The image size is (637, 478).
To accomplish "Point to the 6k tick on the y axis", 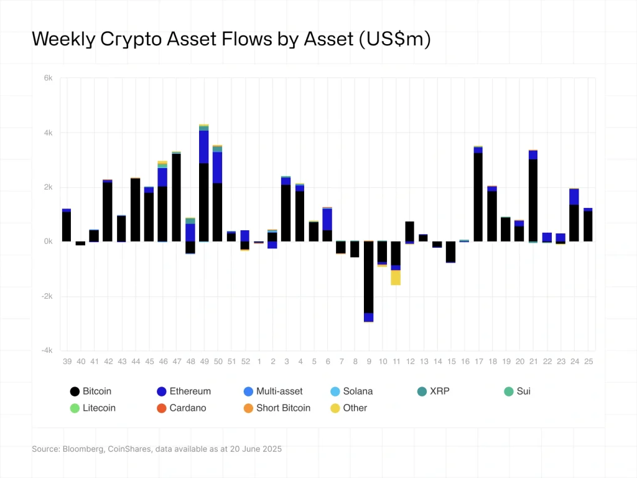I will tap(48, 78).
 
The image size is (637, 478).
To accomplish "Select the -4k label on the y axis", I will tap(47, 350).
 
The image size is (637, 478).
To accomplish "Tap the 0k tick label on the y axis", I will tap(47, 241).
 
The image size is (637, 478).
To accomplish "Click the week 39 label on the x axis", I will tap(67, 362).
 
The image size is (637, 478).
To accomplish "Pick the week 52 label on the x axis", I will tap(245, 362).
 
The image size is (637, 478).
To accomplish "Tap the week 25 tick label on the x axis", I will tap(588, 362).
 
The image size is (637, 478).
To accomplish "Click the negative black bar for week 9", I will tap(369, 277).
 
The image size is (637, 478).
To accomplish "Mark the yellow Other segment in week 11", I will tap(396, 278).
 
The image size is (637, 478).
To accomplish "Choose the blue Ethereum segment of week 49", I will tap(204, 147).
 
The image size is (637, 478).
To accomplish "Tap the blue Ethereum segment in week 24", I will tap(574, 197).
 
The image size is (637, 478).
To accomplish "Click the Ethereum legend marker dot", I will tap(162, 391).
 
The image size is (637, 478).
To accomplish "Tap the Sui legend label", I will tap(523, 391).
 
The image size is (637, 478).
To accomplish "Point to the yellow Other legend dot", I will tap(335, 408).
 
